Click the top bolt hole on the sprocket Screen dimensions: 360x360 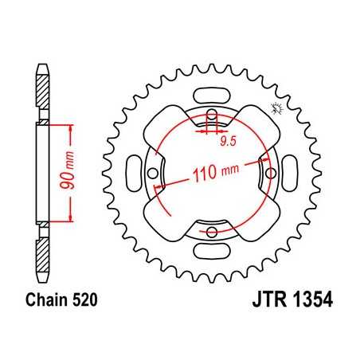212,112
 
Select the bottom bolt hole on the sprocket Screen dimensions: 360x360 212,233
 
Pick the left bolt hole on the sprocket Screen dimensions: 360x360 152,172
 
